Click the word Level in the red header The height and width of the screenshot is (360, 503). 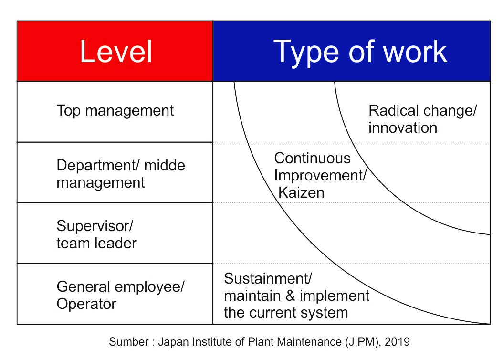tap(116, 52)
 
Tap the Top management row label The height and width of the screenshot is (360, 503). tap(115, 111)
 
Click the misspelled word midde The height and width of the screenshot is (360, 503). tap(165, 165)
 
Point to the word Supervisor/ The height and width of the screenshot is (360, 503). tap(94, 226)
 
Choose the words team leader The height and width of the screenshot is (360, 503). tap(96, 243)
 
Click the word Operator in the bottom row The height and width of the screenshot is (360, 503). tap(86, 304)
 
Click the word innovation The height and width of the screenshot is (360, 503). tap(403, 127)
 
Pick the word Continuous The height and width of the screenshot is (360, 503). tap(312, 158)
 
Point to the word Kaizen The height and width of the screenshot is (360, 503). tap(301, 192)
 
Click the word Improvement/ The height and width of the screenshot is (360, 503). tap(320, 176)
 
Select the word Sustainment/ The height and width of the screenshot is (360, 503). tap(268, 278)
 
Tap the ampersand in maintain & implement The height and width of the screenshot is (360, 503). tap(290, 296)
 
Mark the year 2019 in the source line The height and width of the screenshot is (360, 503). tap(397, 342)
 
